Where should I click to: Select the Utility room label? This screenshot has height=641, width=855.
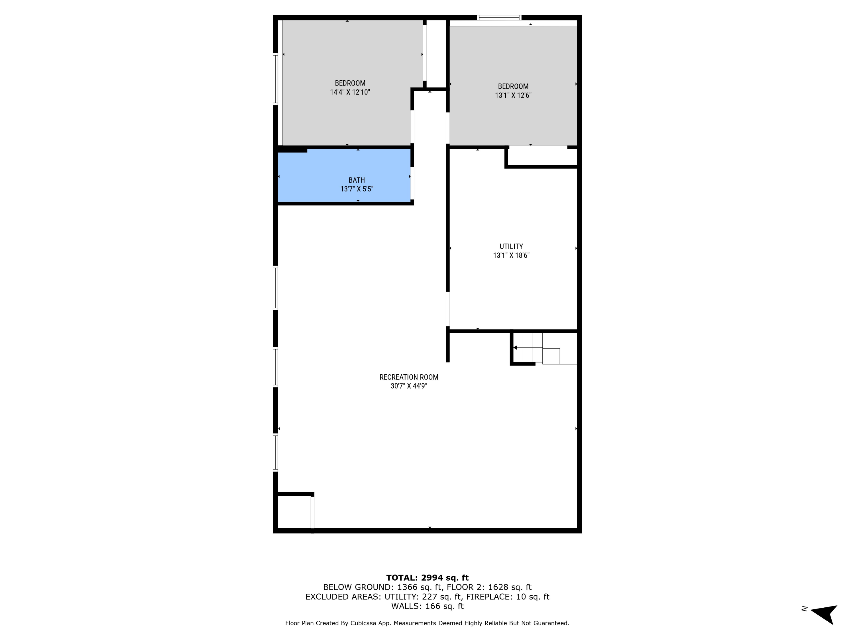[511, 246]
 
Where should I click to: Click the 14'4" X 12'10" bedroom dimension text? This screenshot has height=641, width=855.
[350, 92]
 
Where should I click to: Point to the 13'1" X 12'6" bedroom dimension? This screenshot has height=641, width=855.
[513, 95]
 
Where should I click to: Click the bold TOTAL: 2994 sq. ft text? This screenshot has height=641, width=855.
[427, 578]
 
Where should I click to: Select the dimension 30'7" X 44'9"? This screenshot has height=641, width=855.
[409, 386]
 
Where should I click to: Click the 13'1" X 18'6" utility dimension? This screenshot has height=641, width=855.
[511, 255]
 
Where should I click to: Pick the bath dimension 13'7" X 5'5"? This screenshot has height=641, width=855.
[356, 189]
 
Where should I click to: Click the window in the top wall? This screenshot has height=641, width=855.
[499, 17]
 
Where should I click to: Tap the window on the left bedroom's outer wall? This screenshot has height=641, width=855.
[276, 79]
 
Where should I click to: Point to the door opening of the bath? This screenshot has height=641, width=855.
[412, 183]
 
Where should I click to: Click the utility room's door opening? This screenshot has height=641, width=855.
[448, 309]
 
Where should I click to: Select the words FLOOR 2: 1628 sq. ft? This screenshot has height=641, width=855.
[489, 587]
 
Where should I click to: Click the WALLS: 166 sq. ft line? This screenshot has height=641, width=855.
[427, 606]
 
